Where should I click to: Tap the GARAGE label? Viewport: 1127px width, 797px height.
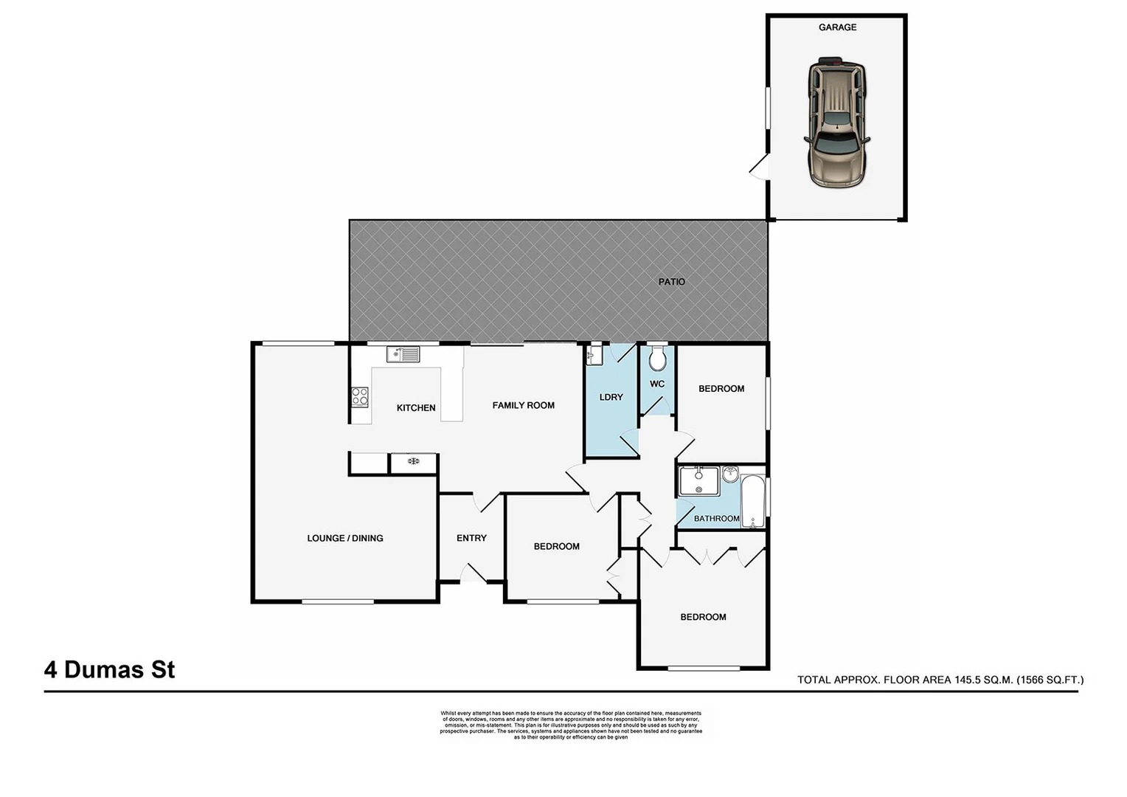837,27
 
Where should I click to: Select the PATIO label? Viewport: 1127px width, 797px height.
671,282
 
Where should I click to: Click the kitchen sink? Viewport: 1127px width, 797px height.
403,355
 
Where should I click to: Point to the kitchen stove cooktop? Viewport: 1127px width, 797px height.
360,396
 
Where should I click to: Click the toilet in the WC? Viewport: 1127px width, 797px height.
657,359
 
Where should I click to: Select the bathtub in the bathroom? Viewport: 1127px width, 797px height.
753,501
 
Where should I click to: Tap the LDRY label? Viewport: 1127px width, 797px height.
611,397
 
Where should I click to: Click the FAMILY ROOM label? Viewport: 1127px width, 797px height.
523,405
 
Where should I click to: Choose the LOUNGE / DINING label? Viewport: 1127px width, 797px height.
345,538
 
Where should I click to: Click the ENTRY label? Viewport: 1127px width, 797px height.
471,538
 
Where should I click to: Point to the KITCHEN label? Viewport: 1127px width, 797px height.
416,408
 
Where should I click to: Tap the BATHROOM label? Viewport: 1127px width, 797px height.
716,519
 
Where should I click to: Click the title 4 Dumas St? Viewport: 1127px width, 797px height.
110,669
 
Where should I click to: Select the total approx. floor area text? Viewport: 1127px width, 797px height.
940,680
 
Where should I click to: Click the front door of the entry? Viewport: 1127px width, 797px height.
471,573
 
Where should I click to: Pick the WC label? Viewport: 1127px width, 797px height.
657,384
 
